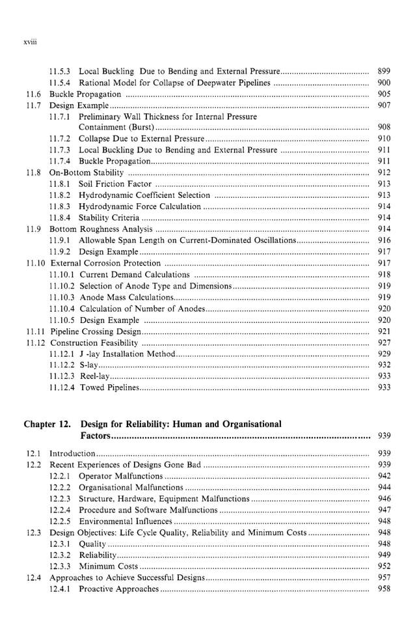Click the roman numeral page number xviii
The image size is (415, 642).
[31, 41]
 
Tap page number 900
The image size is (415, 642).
[384, 83]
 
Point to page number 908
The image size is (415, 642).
[384, 128]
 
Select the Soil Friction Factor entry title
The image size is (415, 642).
[114, 184]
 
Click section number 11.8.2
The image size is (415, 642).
[60, 195]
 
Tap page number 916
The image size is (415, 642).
[384, 240]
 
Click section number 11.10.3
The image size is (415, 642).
[62, 297]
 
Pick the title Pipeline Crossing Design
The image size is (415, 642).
[95, 331]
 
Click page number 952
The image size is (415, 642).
[384, 566]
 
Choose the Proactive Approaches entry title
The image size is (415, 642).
[118, 589]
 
